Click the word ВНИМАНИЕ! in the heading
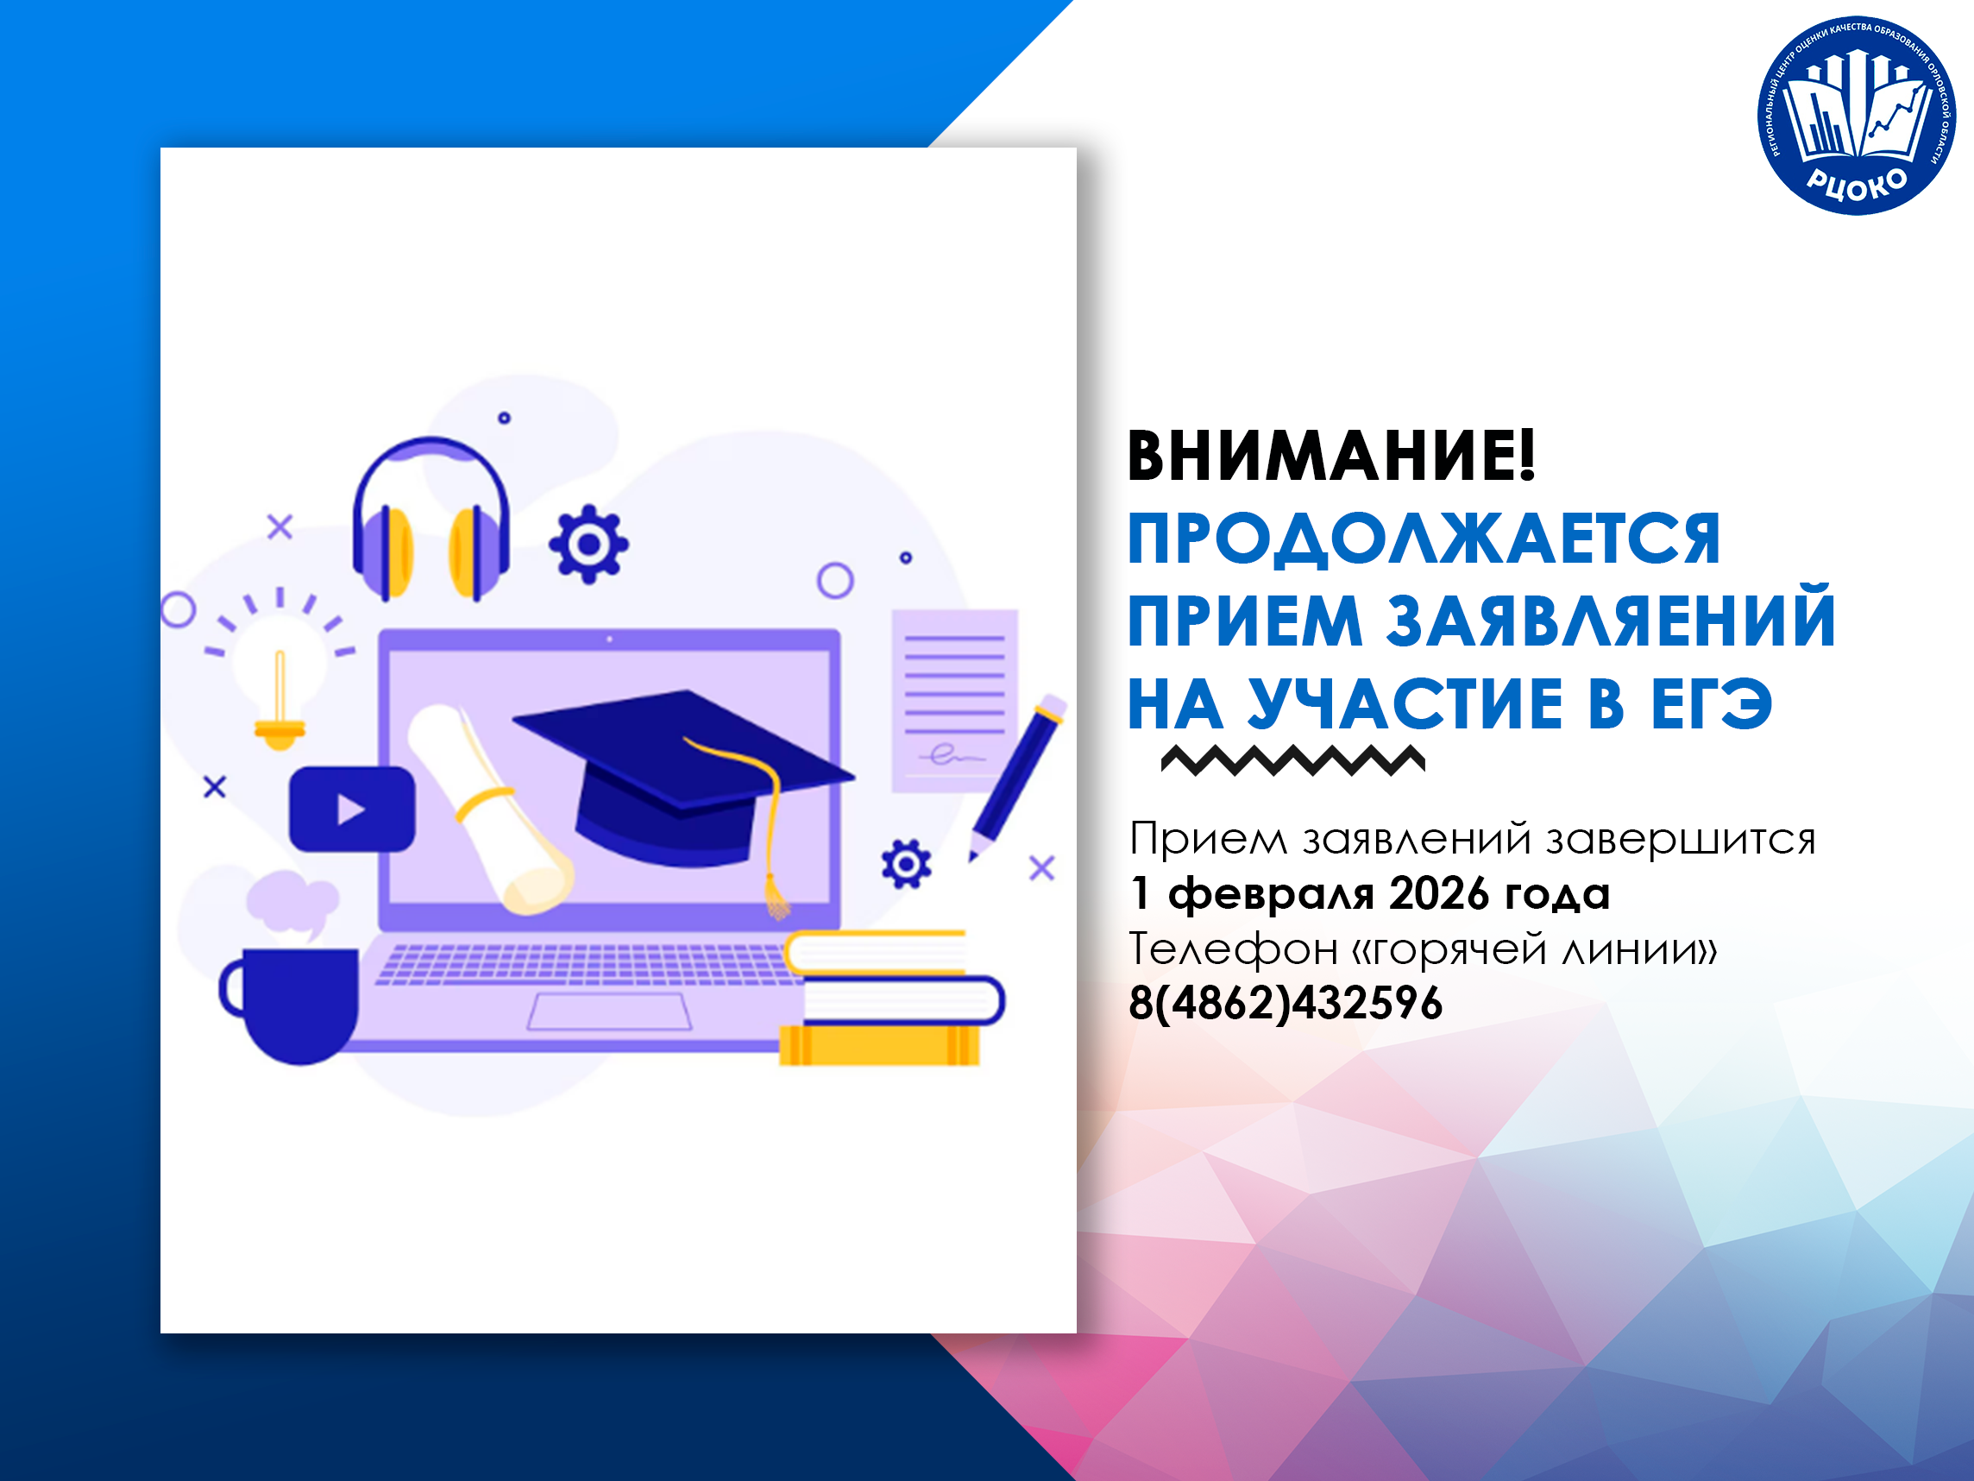tap(1331, 457)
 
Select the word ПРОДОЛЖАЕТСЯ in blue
tap(1424, 539)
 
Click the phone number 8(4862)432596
tap(1285, 1004)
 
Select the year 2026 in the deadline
tap(1438, 893)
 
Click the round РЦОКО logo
tap(1857, 115)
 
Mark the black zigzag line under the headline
tap(1293, 759)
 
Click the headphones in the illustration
tap(431, 519)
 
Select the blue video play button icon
tap(352, 809)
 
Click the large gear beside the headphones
tap(588, 544)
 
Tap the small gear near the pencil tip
tap(906, 864)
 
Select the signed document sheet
tap(955, 701)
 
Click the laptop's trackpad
tap(609, 1011)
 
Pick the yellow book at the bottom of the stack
tap(879, 1045)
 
